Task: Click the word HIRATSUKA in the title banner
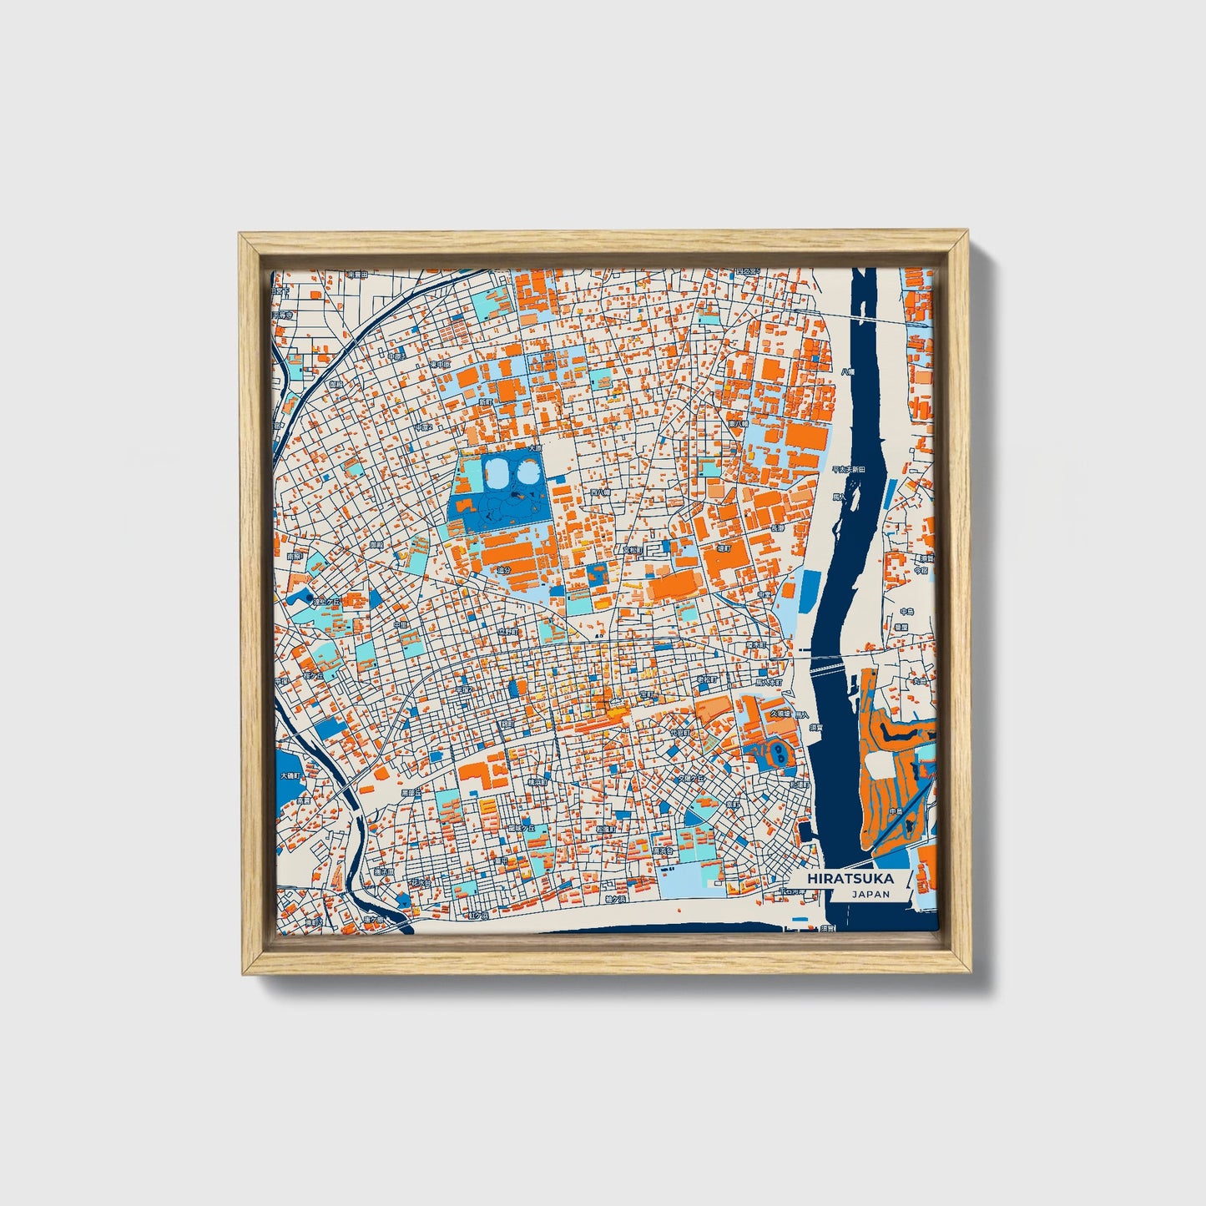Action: click(850, 879)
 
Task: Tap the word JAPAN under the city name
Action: click(870, 895)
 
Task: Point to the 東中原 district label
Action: click(441, 365)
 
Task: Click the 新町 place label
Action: click(486, 402)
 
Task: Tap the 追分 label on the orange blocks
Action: click(504, 570)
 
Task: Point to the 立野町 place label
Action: click(508, 633)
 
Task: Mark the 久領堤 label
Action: click(780, 714)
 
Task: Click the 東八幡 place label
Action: click(738, 424)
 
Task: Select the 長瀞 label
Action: click(777, 527)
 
